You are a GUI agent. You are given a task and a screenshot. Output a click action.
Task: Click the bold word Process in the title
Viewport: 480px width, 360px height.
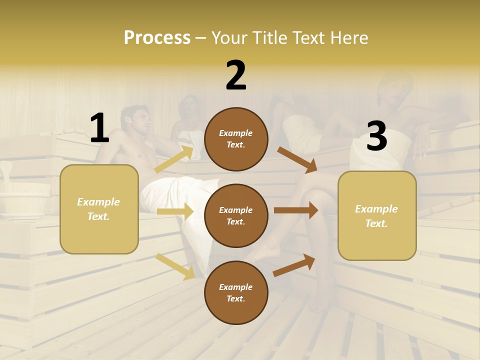pyautogui.click(x=157, y=38)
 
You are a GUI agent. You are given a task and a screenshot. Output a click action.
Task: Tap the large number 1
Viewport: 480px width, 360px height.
pyautogui.click(x=99, y=128)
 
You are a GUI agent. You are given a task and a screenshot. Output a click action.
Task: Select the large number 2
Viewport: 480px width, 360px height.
pyautogui.click(x=236, y=75)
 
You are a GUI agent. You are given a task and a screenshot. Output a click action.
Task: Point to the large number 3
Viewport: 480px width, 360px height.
pyautogui.click(x=376, y=136)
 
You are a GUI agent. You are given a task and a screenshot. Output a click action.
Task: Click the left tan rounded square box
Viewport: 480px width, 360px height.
pyautogui.click(x=99, y=209)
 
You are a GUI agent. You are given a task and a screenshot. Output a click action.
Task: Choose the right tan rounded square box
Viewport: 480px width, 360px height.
pyautogui.click(x=377, y=215)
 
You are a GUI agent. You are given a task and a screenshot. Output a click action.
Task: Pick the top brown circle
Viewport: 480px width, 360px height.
pyautogui.click(x=236, y=139)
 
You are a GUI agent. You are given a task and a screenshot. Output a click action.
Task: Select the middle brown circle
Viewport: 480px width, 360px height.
pyautogui.click(x=236, y=215)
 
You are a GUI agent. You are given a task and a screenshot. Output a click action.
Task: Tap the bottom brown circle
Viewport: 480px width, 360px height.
pyautogui.click(x=236, y=292)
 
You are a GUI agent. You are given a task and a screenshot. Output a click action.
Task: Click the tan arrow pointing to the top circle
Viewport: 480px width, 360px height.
pyautogui.click(x=174, y=159)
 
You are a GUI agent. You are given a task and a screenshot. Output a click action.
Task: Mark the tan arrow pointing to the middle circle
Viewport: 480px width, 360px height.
pyautogui.click(x=175, y=211)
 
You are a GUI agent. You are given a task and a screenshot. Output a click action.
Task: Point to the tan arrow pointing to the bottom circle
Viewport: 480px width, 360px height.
pyautogui.click(x=175, y=266)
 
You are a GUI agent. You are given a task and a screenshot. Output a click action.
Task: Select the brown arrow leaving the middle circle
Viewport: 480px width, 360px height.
pyautogui.click(x=296, y=210)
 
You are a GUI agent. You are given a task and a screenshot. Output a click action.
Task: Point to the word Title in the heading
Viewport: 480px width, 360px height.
pyautogui.click(x=270, y=38)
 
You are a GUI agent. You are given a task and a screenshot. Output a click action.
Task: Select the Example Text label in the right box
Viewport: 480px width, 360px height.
pyautogui.click(x=377, y=215)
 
